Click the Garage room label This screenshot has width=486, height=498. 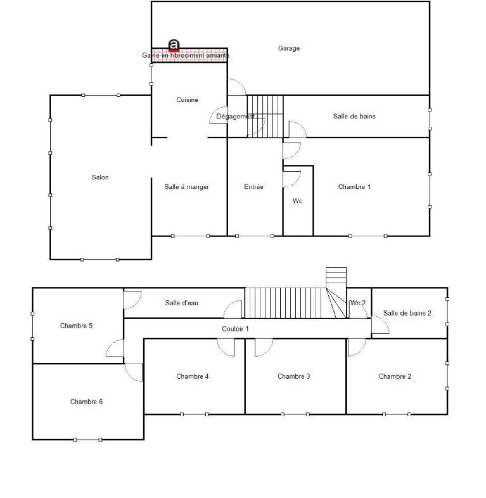[x=289, y=48]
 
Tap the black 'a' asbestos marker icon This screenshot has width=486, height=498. [x=174, y=45]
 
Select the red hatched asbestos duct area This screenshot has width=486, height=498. [x=190, y=55]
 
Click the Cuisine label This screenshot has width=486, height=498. [x=187, y=100]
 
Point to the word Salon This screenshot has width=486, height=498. [x=100, y=177]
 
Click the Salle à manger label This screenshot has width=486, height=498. [x=187, y=187]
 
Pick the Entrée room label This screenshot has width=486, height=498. [x=254, y=187]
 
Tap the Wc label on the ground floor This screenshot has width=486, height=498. [x=297, y=201]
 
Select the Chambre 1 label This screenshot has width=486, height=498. [x=354, y=187]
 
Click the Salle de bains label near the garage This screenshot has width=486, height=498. [x=354, y=116]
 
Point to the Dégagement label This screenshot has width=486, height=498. [x=235, y=116]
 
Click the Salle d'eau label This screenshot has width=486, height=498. [x=182, y=303]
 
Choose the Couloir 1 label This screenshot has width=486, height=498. [x=235, y=328]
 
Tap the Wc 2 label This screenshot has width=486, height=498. [x=358, y=303]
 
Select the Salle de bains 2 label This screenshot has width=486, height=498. [x=407, y=313]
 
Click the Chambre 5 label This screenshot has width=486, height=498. [x=76, y=326]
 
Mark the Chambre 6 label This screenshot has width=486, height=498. [x=86, y=402]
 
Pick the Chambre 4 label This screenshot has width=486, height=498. [x=192, y=376]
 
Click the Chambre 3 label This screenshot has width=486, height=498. [x=293, y=376]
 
